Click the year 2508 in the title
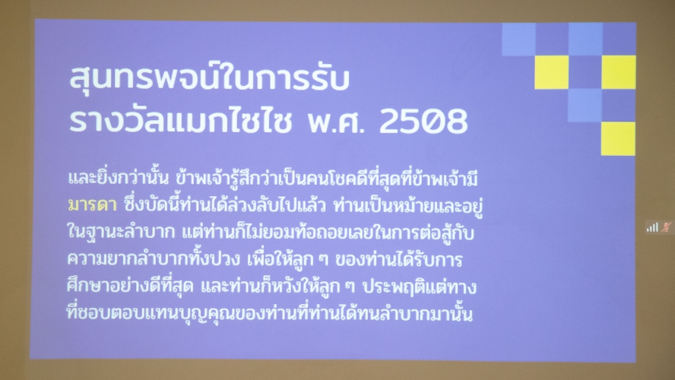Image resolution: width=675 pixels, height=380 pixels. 423,121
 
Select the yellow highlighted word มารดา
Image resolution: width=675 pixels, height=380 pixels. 92,205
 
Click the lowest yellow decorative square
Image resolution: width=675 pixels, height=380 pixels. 618,138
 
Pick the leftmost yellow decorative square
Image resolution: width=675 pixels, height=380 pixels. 551,72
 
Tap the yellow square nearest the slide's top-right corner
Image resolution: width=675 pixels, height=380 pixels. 619,72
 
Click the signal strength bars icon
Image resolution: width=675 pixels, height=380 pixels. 652,227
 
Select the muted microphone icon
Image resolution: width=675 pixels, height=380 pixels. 667,227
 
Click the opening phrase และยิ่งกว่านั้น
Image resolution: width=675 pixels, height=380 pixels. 118,178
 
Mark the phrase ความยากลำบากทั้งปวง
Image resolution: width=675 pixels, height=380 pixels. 154,259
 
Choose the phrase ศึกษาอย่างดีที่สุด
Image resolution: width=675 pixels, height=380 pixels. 130,287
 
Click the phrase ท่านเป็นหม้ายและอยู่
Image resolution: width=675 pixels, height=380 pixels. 407,206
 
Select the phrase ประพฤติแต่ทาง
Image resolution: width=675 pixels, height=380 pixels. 420,287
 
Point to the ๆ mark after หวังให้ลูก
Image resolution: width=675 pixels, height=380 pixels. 351,287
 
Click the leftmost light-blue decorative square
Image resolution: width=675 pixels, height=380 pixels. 518,40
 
